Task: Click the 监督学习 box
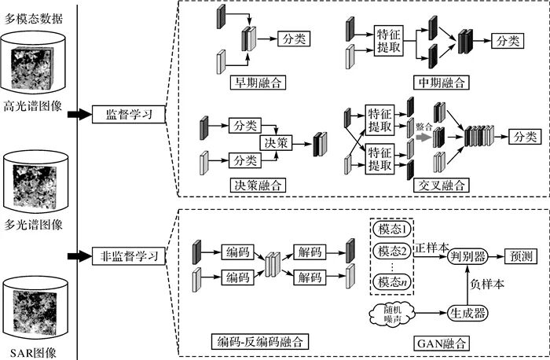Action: click(x=128, y=115)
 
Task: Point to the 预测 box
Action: click(x=519, y=255)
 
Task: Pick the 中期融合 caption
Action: click(x=442, y=83)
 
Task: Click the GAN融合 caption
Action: click(x=445, y=343)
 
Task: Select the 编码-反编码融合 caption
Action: click(x=261, y=342)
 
